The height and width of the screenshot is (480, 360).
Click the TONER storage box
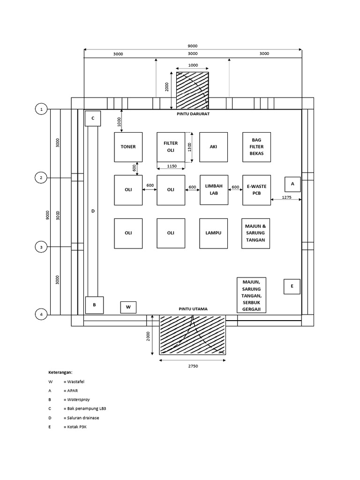point(128,147)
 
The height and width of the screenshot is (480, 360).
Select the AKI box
point(213,147)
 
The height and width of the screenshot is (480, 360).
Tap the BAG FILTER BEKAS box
point(256,147)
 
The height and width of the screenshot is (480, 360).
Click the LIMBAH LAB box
point(214,190)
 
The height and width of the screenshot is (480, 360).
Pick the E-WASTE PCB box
point(256,190)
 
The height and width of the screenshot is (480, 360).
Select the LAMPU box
point(213,233)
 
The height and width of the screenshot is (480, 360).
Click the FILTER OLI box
point(171,147)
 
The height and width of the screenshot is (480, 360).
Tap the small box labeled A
point(292,184)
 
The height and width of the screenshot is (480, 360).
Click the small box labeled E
point(292,286)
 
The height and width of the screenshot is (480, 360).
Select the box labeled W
point(128,307)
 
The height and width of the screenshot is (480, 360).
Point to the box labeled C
point(93,119)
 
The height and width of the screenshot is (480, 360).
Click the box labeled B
point(94,305)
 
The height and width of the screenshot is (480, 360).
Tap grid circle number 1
point(41,109)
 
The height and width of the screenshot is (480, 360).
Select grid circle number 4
point(41,315)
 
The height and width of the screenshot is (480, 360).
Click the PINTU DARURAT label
point(193,114)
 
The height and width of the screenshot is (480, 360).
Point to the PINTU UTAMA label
point(193,309)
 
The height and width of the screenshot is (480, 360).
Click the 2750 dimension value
point(193,366)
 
